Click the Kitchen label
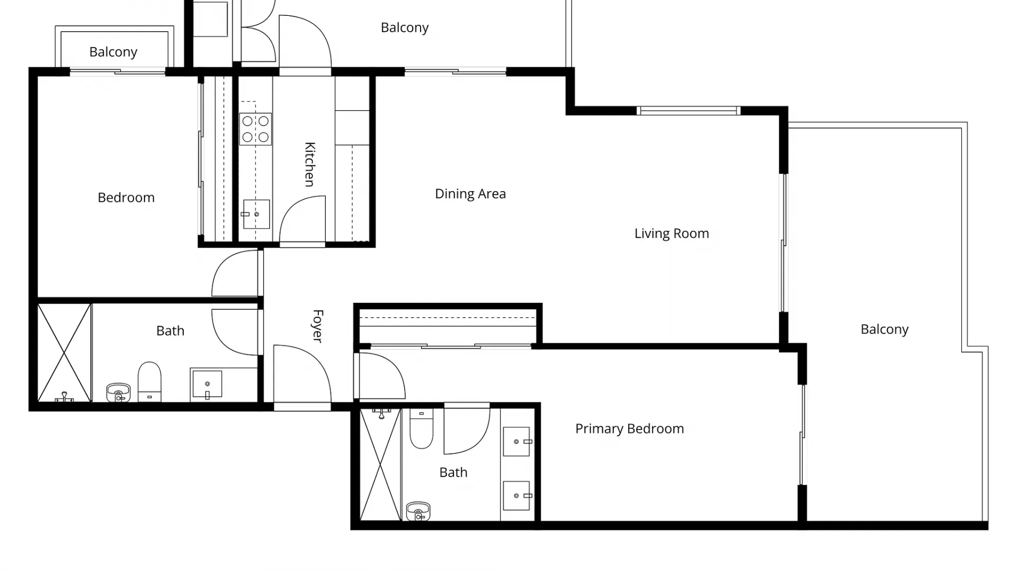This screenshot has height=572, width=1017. click(310, 164)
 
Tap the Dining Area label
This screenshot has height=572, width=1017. click(470, 194)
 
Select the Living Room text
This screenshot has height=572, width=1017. click(671, 234)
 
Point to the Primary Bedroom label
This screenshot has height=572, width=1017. click(629, 428)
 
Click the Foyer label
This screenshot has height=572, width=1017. click(317, 326)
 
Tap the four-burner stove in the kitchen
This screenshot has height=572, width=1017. click(255, 129)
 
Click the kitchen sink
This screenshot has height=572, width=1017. click(256, 214)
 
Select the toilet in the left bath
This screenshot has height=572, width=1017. click(149, 381)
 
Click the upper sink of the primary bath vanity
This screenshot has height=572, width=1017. click(516, 441)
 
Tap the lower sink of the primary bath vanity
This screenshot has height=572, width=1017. click(516, 496)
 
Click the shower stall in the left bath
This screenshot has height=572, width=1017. click(64, 352)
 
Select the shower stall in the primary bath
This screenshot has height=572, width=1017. click(380, 464)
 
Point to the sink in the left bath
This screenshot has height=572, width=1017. click(207, 384)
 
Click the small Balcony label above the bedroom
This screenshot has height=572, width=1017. click(113, 52)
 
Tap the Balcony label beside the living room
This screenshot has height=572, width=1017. click(884, 329)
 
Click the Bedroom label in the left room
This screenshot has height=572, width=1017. click(126, 198)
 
